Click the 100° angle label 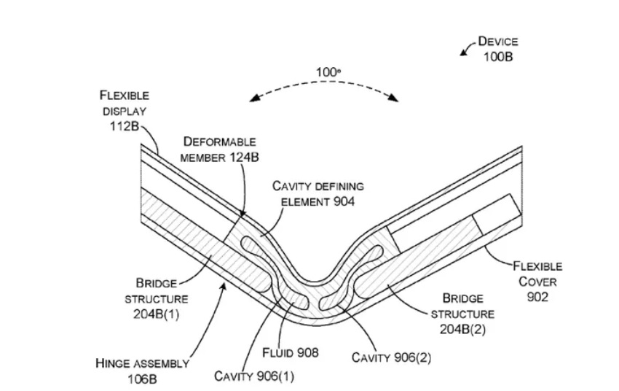pyautogui.click(x=328, y=71)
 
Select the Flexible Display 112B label pyautogui.click(x=125, y=112)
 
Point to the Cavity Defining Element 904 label pyautogui.click(x=318, y=193)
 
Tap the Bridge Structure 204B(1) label pyautogui.click(x=162, y=298)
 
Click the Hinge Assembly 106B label pyautogui.click(x=143, y=371)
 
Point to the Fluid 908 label pyautogui.click(x=290, y=353)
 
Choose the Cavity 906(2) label pyautogui.click(x=388, y=357)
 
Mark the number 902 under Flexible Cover pyautogui.click(x=537, y=297)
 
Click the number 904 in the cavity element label pyautogui.click(x=342, y=201)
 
